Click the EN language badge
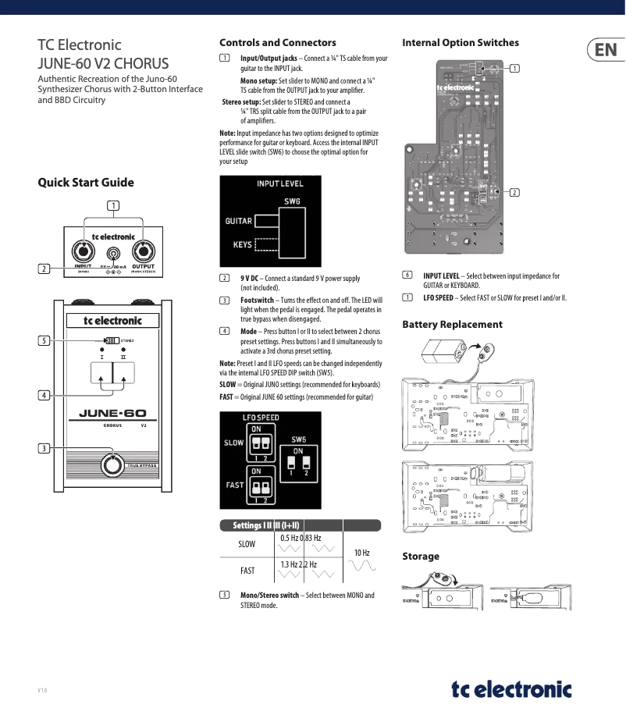pos(605,52)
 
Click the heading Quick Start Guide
pos(86,183)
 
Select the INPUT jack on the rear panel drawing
pos(83,252)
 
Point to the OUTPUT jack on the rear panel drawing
pos(144,251)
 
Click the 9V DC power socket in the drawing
pos(114,254)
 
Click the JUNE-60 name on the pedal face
pos(112,414)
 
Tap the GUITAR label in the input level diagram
pos(238,221)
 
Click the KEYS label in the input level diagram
pos(242,244)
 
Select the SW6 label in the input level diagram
pos(292,201)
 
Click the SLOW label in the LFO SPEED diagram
pos(234,443)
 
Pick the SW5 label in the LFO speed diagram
pos(298,439)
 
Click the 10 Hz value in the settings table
pos(361,553)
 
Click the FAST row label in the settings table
pos(247,571)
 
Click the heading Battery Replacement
pos(452,325)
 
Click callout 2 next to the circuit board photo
pos(515,192)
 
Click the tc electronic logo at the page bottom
pos(511,689)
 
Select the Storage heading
pos(421,557)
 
